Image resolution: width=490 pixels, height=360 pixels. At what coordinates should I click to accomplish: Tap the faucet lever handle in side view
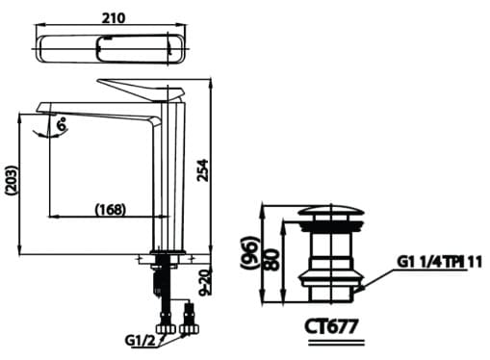pyautogui.click(x=140, y=88)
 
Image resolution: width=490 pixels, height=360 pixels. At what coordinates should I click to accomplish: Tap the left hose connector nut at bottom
pyautogui.click(x=165, y=330)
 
